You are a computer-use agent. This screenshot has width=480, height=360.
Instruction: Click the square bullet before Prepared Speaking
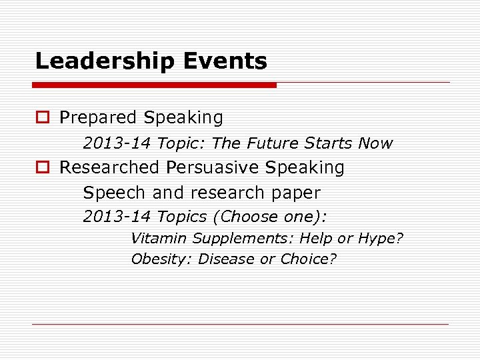point(42,118)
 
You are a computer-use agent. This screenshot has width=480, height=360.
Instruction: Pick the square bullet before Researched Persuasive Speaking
point(42,167)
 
